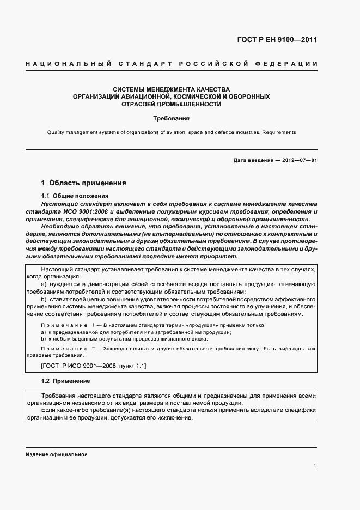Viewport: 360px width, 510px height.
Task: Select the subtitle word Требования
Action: click(x=171, y=118)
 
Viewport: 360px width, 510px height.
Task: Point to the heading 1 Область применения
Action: click(x=84, y=183)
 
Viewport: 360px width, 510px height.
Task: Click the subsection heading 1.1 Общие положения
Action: click(x=75, y=196)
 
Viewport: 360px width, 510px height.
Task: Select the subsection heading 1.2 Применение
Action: click(x=66, y=381)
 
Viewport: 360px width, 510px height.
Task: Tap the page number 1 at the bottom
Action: click(x=315, y=466)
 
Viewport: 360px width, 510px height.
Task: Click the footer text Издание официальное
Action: click(x=57, y=454)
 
